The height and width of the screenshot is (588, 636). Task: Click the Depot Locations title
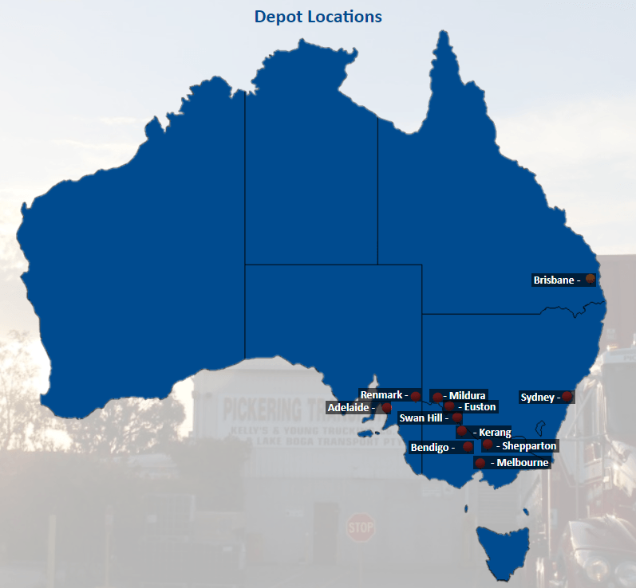point(318,16)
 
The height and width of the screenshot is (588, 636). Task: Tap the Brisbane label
point(554,280)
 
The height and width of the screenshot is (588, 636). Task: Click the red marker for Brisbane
point(590,280)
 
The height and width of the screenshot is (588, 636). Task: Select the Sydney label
point(537,397)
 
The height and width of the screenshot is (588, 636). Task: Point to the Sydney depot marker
point(567,397)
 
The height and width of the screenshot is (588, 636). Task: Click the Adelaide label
point(349,407)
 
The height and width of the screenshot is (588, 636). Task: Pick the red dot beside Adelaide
point(387,407)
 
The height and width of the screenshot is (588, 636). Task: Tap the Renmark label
point(381,394)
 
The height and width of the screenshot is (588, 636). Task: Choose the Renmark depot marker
point(416,395)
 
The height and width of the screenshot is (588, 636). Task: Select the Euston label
point(480,407)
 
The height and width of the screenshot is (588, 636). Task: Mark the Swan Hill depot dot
point(457,417)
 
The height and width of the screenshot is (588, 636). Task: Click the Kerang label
point(495,433)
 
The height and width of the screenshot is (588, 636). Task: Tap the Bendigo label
point(429,447)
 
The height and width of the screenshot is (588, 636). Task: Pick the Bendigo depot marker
point(468,447)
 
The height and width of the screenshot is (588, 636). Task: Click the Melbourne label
point(522,462)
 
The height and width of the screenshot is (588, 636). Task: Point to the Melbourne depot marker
point(480,463)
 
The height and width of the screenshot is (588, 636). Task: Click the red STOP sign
point(361,527)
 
